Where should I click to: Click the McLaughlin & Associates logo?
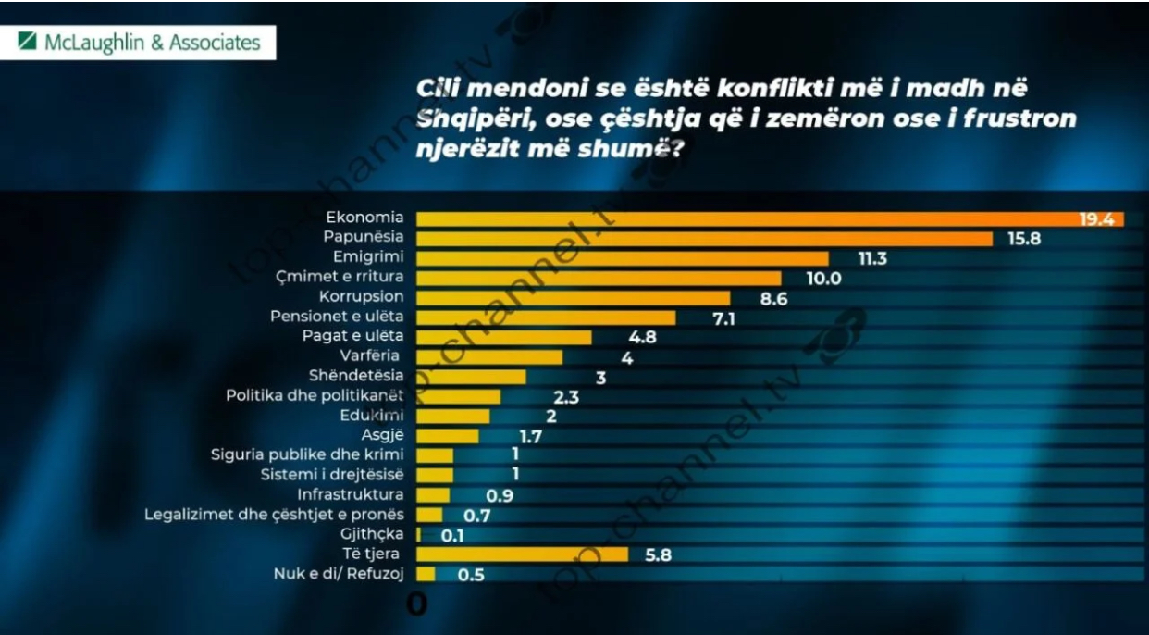(x=140, y=43)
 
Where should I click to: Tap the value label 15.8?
(x=1025, y=239)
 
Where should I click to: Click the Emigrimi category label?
(x=368, y=257)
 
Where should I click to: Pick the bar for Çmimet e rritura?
(x=599, y=278)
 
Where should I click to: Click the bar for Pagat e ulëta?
(x=503, y=337)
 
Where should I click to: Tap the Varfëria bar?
(x=489, y=356)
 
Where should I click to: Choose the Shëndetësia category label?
(x=356, y=376)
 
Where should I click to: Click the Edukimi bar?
(x=453, y=416)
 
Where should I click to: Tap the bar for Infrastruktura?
(x=433, y=494)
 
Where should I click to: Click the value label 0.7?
(x=476, y=515)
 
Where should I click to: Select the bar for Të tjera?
(x=522, y=554)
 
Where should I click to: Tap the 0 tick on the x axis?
(x=417, y=604)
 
